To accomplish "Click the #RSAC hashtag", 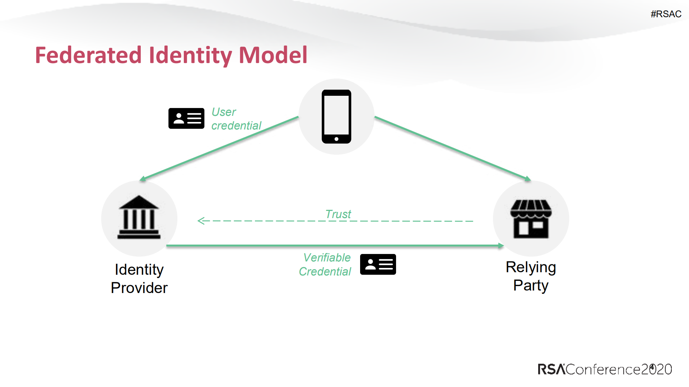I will coord(666,14).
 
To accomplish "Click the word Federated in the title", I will coord(88,55).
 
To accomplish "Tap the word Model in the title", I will coord(273,55).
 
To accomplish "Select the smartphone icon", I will coord(336,117).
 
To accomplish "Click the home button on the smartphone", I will coord(336,139).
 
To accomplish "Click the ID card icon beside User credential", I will coord(186,118).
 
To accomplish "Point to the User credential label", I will coord(236,119).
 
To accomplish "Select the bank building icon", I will coord(139,217).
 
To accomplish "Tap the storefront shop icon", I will coord(531,219).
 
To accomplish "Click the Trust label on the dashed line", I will coord(338,214).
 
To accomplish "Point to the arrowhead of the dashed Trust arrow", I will coord(200,221).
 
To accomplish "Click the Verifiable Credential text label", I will coord(325,264).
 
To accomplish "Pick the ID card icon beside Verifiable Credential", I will coord(378,264).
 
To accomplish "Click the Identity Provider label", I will coord(139,278).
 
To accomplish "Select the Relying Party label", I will coord(531,276).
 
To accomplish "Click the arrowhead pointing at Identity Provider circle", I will coord(143,179).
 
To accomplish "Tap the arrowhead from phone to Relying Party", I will coord(527,179).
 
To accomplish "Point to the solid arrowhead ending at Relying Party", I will coord(501,246).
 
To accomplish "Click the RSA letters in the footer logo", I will coord(551,369).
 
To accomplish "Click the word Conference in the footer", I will coord(603,369).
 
